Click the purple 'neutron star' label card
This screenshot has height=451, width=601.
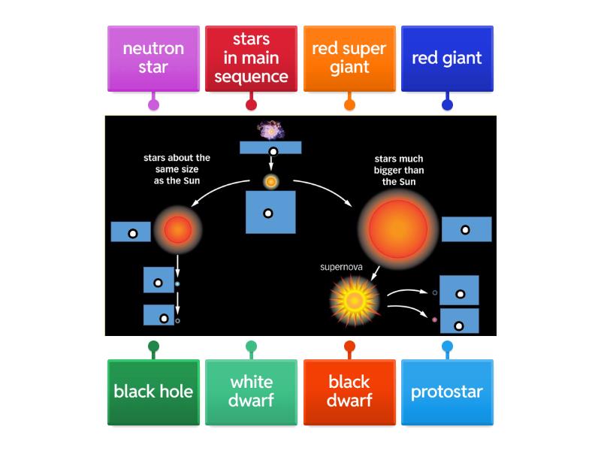pos(153,59)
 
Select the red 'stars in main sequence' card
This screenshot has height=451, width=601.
pos(251,59)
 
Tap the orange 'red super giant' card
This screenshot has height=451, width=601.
pos(349,59)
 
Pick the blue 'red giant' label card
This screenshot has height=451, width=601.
pos(447,59)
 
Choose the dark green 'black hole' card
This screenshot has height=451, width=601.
pos(153,392)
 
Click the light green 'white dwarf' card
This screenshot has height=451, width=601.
pos(251,392)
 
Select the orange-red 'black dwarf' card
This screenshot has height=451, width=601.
pos(349,392)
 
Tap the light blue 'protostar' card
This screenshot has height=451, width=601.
pos(447,392)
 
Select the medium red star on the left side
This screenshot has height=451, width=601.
pos(178,229)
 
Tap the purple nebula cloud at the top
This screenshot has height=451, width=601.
pos(270,131)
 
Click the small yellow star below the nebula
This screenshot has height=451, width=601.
pos(271,181)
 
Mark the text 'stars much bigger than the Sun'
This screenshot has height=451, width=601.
pos(399,170)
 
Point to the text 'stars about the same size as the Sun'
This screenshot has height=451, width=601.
pos(177,169)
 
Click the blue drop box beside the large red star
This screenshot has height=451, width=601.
pos(467,229)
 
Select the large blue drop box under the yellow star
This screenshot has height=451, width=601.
pos(270,212)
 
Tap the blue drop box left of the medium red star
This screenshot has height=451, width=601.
pos(131,232)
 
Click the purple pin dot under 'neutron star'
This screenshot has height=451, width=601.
pos(153,104)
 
